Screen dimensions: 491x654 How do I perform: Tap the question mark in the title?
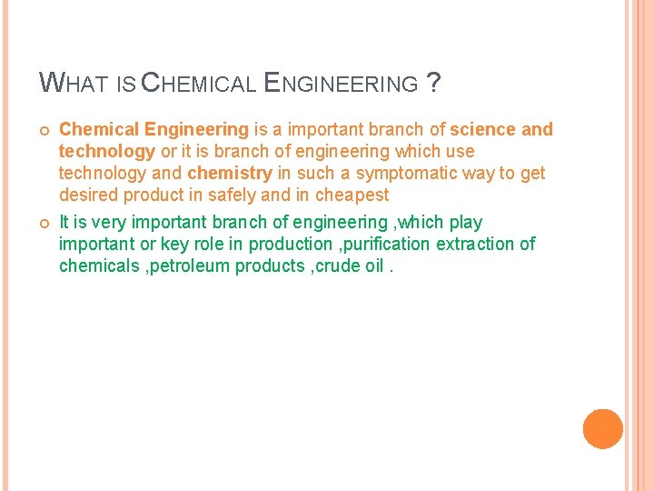(x=433, y=85)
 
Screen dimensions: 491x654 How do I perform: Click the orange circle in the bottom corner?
(x=603, y=429)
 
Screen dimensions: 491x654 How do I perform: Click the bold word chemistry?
(x=230, y=173)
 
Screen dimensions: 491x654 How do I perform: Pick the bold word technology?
(x=106, y=151)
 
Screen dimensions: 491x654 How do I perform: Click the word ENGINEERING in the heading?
(x=341, y=85)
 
